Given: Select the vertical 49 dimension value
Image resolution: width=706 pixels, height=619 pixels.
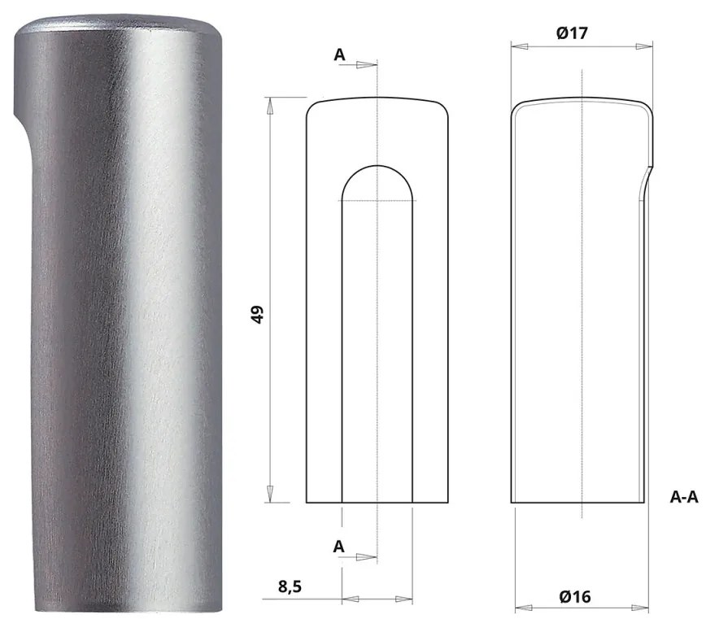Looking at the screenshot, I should pos(258,315).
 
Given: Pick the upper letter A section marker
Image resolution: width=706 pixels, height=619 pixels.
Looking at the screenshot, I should pos(339,55).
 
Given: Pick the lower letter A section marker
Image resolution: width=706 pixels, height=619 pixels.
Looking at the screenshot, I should pos(339,547).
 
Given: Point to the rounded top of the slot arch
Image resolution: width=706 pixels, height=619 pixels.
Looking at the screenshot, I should pos(377,166).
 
